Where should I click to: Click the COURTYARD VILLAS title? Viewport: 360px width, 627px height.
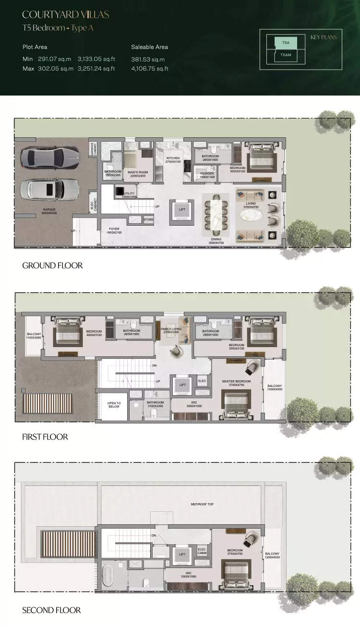point(66,14)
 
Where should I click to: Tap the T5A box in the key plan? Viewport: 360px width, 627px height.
point(286,43)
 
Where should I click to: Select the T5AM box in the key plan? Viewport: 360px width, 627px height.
point(286,55)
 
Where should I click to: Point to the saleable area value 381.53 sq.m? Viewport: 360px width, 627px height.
point(148,60)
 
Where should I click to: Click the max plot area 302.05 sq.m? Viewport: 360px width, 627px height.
point(55,69)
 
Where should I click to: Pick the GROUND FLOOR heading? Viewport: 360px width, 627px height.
point(52,265)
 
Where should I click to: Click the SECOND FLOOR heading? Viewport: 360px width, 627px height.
point(51,610)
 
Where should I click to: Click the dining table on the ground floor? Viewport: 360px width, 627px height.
point(216,213)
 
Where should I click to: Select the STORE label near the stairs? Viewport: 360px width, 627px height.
point(148,220)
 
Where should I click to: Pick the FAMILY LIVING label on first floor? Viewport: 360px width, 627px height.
point(170,330)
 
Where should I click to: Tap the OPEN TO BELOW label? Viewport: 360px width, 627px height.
point(114,405)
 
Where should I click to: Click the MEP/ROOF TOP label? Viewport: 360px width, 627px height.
point(202,505)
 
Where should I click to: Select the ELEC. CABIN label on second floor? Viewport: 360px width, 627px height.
point(202,551)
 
